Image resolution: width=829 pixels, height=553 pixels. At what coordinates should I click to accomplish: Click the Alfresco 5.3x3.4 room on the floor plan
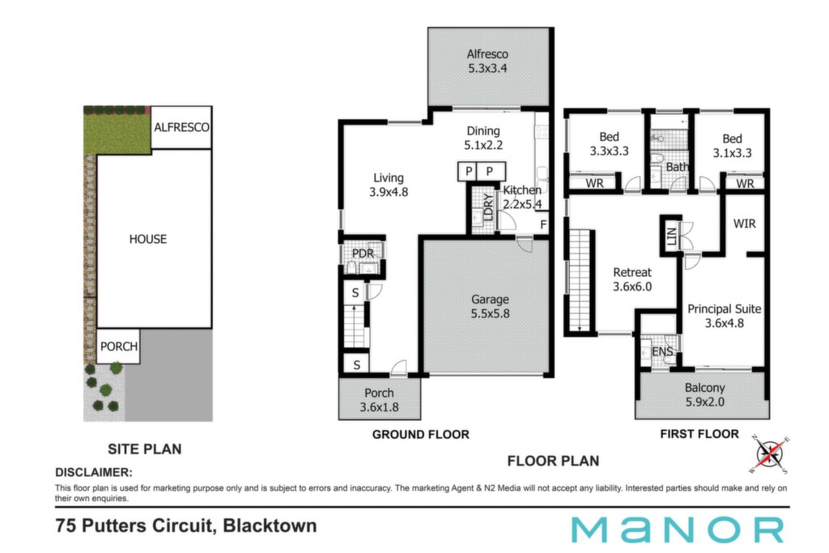click(x=487, y=66)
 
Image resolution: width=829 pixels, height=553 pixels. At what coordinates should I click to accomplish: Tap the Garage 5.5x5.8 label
click(x=490, y=307)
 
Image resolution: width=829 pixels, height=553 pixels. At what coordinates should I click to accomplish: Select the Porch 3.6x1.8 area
click(x=380, y=398)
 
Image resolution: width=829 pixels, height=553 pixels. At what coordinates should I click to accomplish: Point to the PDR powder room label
click(x=363, y=253)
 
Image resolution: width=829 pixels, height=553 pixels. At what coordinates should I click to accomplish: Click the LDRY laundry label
click(x=488, y=206)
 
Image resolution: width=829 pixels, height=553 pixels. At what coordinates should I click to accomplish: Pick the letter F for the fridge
click(x=543, y=225)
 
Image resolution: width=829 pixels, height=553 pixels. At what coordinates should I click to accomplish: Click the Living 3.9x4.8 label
click(x=389, y=185)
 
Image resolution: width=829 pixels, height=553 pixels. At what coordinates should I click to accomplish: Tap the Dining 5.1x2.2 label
click(x=483, y=138)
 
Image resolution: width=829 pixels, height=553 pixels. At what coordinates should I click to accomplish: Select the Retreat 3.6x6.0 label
click(x=632, y=279)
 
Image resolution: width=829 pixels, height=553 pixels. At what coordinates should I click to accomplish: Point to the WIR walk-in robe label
click(x=745, y=223)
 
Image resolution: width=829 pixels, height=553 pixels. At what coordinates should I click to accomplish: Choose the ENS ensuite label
click(x=662, y=351)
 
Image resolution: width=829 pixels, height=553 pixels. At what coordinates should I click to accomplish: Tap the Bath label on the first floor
click(x=677, y=167)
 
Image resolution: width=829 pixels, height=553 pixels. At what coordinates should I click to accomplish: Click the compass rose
click(x=769, y=454)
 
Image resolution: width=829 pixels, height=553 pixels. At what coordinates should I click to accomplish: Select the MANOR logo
click(x=678, y=530)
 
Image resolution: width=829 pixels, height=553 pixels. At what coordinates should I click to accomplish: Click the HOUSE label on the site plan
click(x=148, y=239)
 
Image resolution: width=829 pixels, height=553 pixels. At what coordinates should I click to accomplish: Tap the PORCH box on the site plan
click(x=118, y=347)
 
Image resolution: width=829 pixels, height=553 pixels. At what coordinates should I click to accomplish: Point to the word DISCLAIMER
click(x=94, y=472)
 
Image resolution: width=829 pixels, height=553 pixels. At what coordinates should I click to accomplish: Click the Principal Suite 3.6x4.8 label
click(x=725, y=316)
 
